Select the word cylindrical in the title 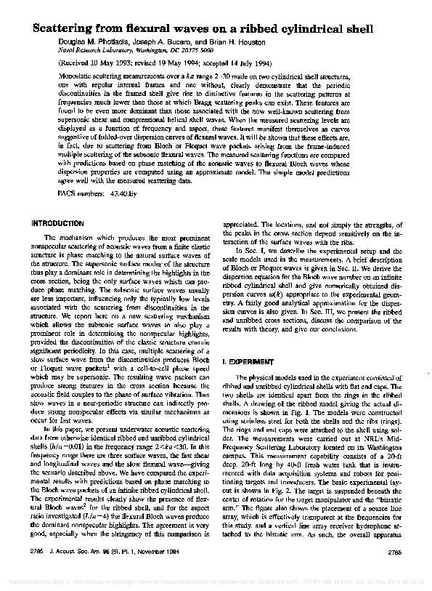click(301, 28)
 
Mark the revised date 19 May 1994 click(187, 64)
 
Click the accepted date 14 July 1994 click(274, 64)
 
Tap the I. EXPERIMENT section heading click(251, 361)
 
